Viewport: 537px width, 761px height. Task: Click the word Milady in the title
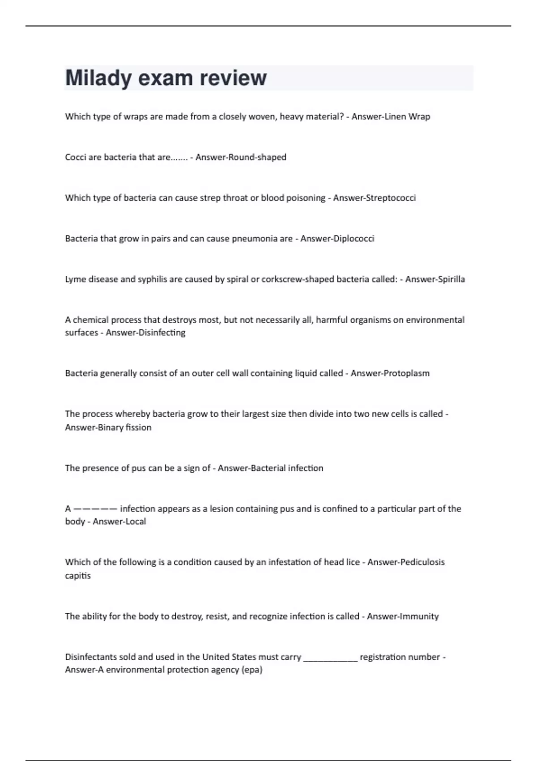tap(98, 78)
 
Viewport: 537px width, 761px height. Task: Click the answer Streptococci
tap(391, 198)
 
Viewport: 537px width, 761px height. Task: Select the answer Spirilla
tap(450, 279)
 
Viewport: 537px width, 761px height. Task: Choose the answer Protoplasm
tap(405, 373)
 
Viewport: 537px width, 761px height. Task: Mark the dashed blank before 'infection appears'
tap(95, 509)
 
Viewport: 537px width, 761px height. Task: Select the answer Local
tap(134, 522)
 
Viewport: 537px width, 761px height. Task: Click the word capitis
tap(78, 576)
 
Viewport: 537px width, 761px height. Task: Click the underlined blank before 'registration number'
tap(331, 658)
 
